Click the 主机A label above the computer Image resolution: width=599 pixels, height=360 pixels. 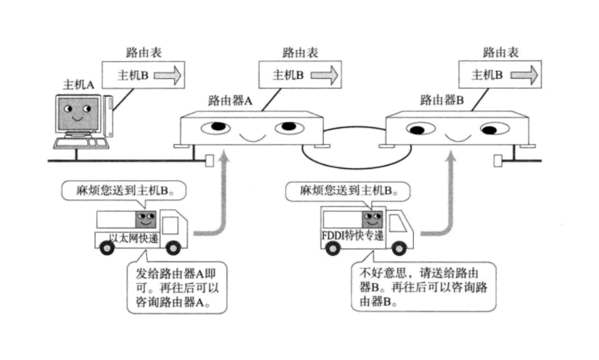(79, 84)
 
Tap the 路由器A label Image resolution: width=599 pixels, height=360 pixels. (229, 100)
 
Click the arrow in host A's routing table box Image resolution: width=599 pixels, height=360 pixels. (168, 76)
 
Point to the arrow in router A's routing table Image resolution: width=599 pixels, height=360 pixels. (324, 75)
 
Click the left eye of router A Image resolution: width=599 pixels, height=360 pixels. (216, 127)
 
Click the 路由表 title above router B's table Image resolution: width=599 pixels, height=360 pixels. (500, 52)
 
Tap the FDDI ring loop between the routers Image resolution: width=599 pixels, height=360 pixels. (356, 154)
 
